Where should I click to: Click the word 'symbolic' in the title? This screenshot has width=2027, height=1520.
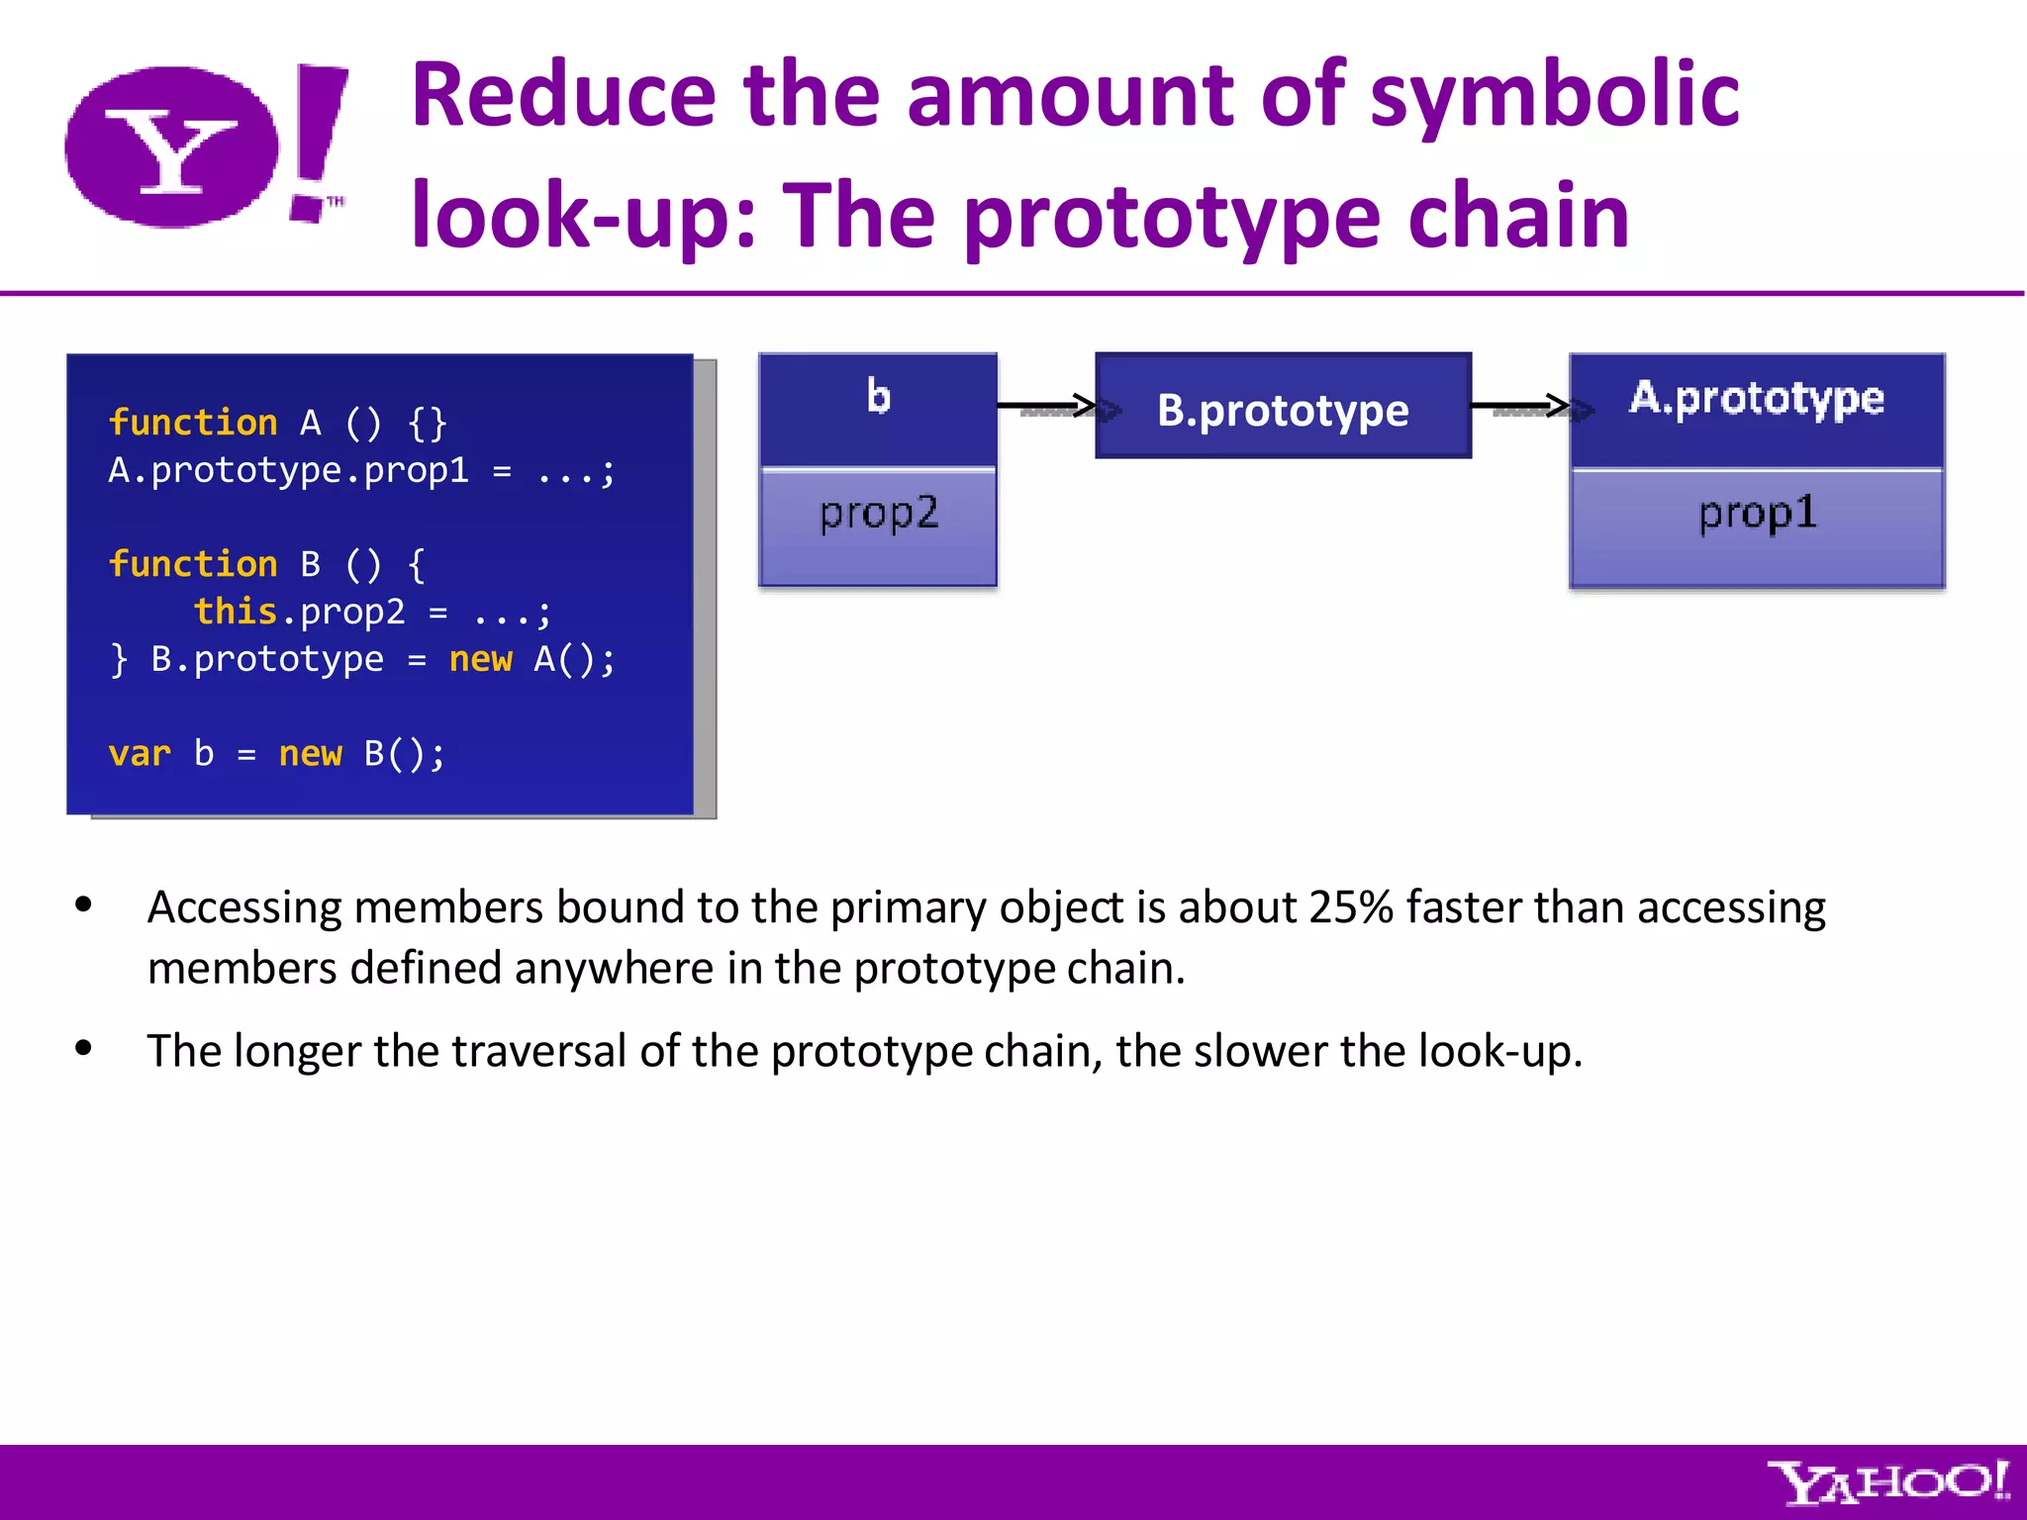pos(1554,95)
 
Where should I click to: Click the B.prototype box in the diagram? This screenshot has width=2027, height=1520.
pos(1283,407)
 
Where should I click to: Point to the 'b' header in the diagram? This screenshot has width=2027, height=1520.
pos(878,398)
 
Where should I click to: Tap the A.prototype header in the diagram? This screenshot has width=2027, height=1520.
pos(1757,399)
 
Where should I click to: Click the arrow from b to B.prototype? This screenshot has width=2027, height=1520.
pos(1046,406)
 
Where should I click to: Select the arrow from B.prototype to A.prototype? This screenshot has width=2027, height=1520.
pos(1520,406)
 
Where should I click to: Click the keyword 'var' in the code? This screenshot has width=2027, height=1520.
pos(140,754)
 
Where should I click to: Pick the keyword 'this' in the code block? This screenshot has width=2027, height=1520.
pos(235,612)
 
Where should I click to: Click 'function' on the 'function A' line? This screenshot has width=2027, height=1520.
pos(193,423)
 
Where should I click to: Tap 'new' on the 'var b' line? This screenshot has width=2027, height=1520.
pos(310,754)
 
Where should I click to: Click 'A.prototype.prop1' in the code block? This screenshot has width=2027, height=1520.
pos(288,470)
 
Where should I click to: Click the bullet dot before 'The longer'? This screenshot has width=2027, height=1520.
pos(84,1048)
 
